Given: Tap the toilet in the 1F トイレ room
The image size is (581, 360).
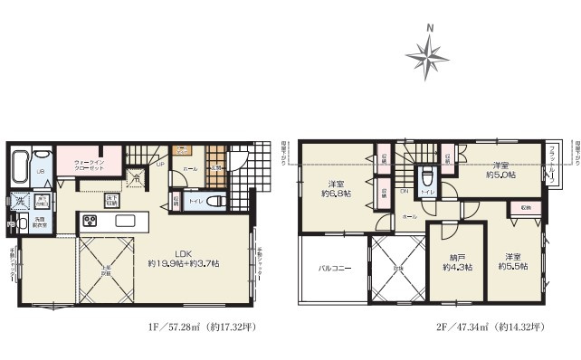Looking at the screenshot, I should point(213,202).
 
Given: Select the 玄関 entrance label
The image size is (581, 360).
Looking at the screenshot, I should point(216,167).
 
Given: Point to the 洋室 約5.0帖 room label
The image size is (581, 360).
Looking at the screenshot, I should point(505,170).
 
